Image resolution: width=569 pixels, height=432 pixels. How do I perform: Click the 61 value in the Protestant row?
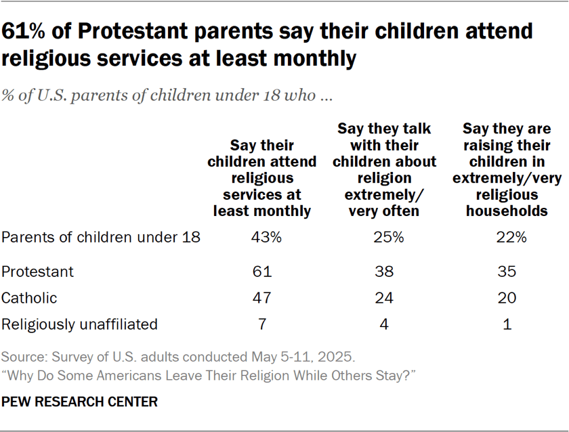coord(261,272)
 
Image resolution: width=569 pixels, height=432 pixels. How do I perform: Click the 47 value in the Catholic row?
coord(261,298)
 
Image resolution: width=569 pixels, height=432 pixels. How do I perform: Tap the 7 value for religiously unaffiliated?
coord(261,324)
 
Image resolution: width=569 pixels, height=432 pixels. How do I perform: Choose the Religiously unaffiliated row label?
coord(79,324)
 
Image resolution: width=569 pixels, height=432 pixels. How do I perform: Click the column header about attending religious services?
coord(261,178)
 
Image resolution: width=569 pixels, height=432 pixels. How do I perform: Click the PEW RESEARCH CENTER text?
coord(79,402)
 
